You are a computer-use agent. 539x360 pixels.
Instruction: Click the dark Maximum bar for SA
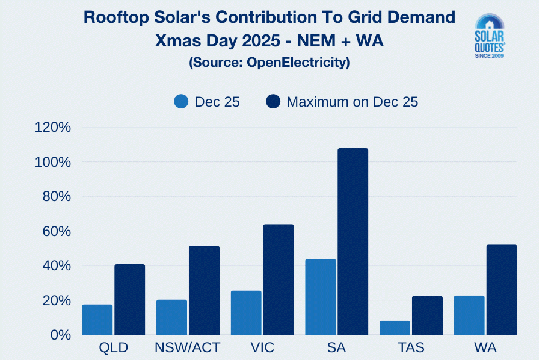pos(353,241)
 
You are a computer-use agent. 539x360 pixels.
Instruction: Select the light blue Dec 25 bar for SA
pos(321,297)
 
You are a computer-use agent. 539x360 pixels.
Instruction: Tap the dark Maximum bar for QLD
pos(129,299)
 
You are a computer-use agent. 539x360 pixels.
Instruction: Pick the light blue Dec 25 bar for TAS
pos(395,327)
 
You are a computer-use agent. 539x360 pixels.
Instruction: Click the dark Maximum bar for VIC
pos(279,279)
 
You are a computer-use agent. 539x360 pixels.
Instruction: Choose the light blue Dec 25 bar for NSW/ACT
pos(171,317)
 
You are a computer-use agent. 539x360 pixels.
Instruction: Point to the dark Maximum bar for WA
pos(502,290)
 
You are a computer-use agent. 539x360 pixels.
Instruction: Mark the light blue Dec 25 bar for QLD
pos(97,319)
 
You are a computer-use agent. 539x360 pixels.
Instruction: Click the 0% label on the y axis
pos(61,335)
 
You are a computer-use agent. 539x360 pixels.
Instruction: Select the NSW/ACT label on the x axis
pos(187,348)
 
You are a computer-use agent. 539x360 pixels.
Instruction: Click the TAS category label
pos(411,348)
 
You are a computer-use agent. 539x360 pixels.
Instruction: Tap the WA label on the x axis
pos(485,348)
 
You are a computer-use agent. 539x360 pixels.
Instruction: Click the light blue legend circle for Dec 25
pos(182,102)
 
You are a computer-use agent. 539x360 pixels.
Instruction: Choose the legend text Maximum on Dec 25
pos(352,102)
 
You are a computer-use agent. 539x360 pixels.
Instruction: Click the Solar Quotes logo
pos(490,36)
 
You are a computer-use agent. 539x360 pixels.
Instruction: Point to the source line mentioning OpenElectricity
pos(269,62)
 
